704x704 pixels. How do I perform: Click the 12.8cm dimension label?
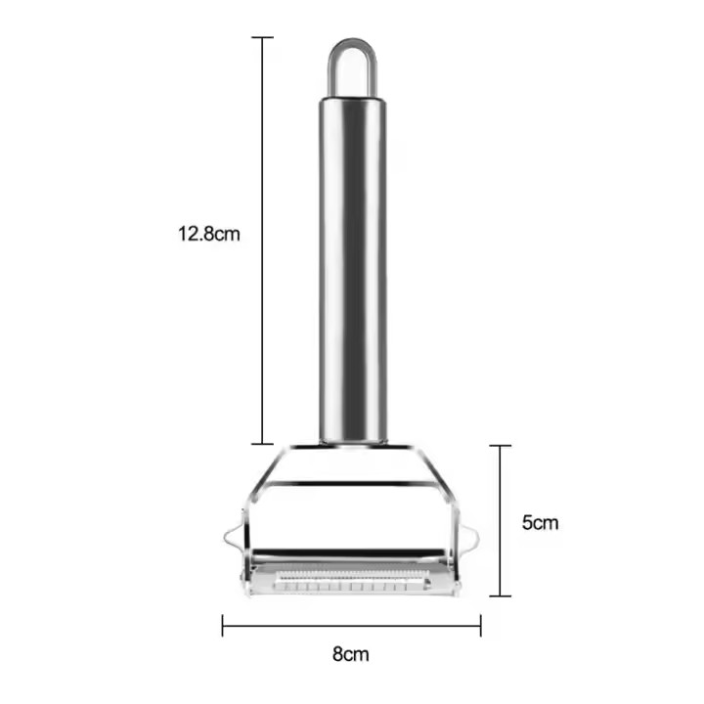pos(207,235)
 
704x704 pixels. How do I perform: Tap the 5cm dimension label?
pos(540,522)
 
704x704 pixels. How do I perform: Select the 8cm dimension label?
pos(350,654)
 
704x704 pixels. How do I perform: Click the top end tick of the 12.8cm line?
pos(262,38)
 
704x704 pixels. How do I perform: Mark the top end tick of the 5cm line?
pos(500,446)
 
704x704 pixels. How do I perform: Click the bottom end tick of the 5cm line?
pos(500,594)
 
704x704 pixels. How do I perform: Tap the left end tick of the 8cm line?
pos(223,624)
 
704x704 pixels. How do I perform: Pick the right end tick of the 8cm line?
pos(480,624)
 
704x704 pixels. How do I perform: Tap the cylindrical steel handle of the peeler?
pos(352,264)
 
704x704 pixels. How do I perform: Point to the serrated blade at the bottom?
pos(352,571)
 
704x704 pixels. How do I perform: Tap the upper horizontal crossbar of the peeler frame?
pos(352,483)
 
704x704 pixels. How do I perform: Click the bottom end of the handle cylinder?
pos(352,439)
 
